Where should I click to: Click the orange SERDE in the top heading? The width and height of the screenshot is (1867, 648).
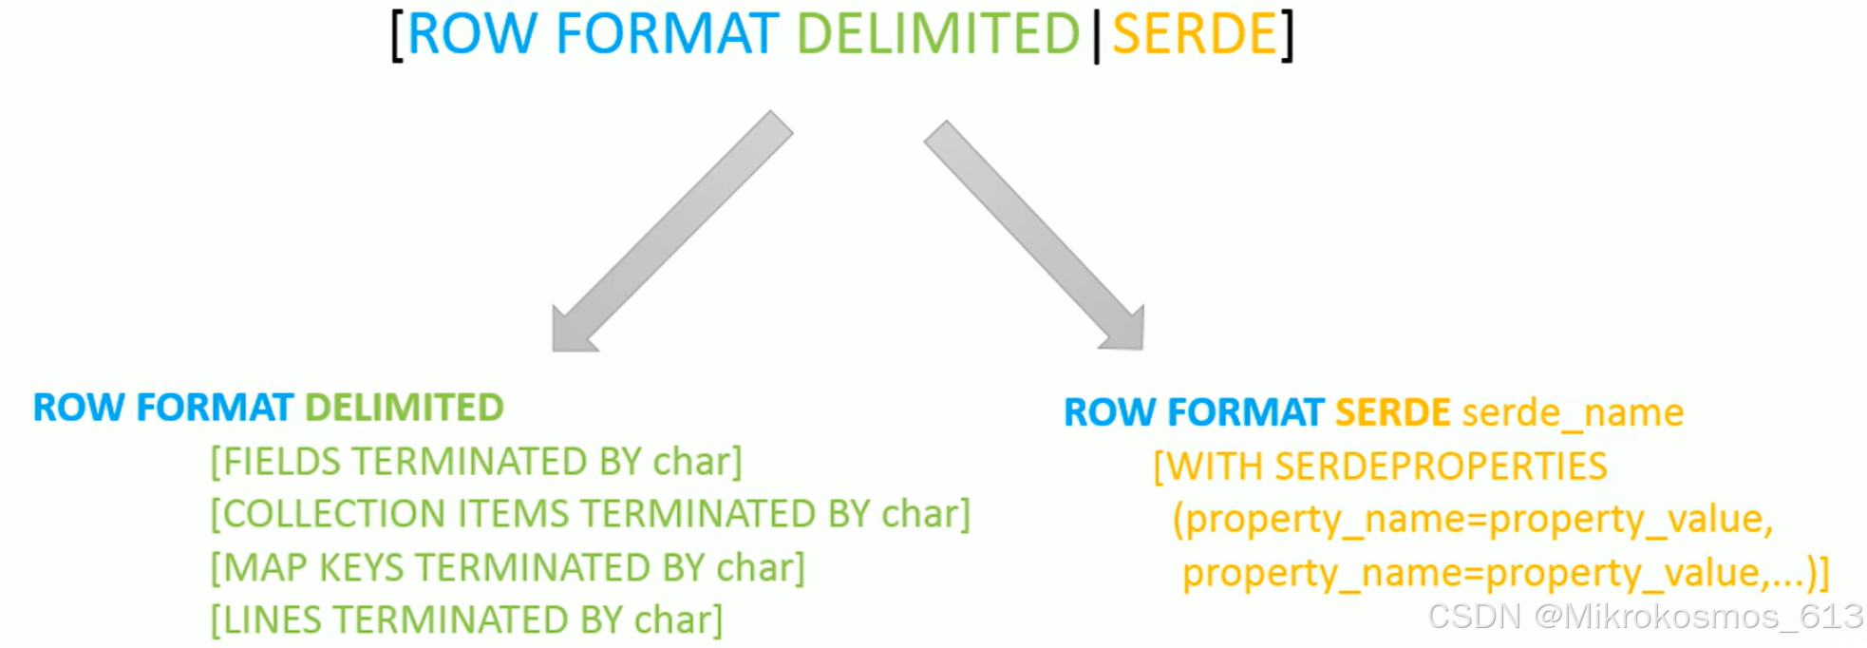(x=1194, y=35)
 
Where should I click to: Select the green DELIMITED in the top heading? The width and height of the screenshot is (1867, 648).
(x=938, y=35)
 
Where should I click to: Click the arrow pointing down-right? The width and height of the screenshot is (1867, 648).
(x=1036, y=236)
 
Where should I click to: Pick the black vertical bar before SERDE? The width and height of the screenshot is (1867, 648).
(x=1097, y=36)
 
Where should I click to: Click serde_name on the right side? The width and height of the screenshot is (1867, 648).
(x=1573, y=412)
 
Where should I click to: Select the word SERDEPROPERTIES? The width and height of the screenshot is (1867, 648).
(x=1440, y=467)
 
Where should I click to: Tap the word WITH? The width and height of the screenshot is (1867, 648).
(x=1214, y=467)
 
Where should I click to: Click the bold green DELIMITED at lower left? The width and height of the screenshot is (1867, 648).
(x=404, y=408)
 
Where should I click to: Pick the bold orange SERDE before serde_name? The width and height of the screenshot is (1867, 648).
(x=1392, y=412)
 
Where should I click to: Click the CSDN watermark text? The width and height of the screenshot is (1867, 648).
(x=1645, y=616)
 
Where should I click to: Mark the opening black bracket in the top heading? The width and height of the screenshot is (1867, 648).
(x=397, y=36)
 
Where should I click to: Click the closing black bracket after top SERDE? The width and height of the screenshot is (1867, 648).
(x=1288, y=36)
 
